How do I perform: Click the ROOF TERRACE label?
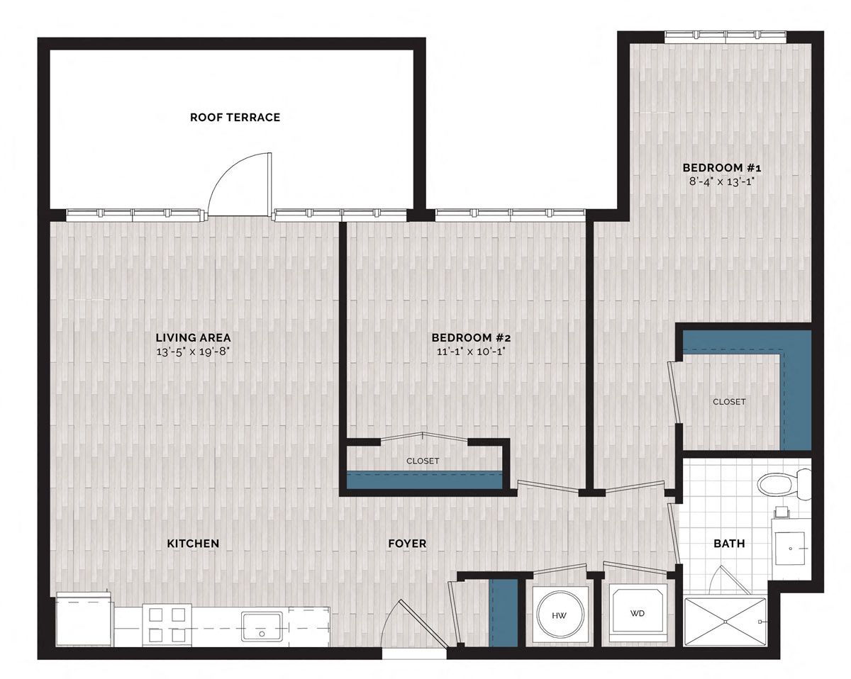pos(235,118)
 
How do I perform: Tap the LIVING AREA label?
pos(193,337)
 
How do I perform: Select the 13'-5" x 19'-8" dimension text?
pos(193,352)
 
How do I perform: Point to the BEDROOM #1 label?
pos(722,167)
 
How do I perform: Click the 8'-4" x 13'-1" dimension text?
pos(722,181)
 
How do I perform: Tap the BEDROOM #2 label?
pos(471,337)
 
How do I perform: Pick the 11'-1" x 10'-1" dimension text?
pos(471,352)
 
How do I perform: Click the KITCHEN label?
pos(193,544)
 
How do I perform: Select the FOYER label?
pos(407,544)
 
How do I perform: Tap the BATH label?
pos(729,544)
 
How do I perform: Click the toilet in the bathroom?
pos(784,485)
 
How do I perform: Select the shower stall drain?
pos(725,622)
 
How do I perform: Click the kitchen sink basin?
pos(262,627)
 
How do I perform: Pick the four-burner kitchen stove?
pos(167,625)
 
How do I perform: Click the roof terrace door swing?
pos(240,184)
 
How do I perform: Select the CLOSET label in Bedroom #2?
pos(423,461)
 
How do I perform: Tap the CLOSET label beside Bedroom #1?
pos(729,402)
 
